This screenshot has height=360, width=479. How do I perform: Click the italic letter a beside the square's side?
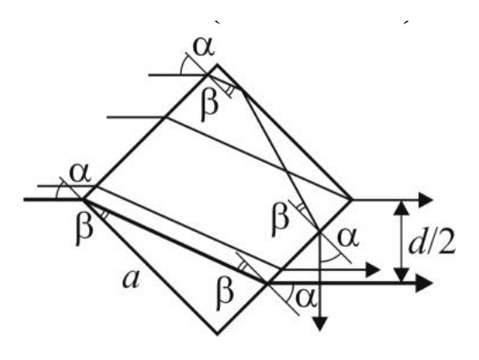coord(132,280)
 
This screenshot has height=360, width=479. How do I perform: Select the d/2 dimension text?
coord(432,243)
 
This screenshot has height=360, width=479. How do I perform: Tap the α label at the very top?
coord(204,47)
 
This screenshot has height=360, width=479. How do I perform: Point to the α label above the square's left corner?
coord(81,173)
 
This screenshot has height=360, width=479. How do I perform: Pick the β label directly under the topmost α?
coord(210,106)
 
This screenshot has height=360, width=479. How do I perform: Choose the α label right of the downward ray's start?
coord(348,237)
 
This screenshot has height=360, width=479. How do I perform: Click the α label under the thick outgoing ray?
coord(305,298)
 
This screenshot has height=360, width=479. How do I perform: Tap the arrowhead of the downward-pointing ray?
coord(320,324)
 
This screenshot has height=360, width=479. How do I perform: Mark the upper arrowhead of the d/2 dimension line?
coord(401,208)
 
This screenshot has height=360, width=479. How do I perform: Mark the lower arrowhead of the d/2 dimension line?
coord(401,275)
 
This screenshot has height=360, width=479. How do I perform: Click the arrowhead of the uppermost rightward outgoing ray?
coord(426,200)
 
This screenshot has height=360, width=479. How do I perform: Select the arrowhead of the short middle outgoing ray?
coord(372,270)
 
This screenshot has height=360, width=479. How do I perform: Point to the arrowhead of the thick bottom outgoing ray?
coord(424,284)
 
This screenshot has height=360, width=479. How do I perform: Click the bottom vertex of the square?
coord(217,334)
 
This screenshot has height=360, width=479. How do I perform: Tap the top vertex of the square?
coord(217,65)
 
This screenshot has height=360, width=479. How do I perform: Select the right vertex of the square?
coord(352,200)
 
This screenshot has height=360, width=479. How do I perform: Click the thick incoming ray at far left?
coord(53,200)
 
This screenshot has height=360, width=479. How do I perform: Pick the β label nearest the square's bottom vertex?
coord(225,295)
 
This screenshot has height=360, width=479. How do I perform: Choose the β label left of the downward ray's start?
coord(280,217)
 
